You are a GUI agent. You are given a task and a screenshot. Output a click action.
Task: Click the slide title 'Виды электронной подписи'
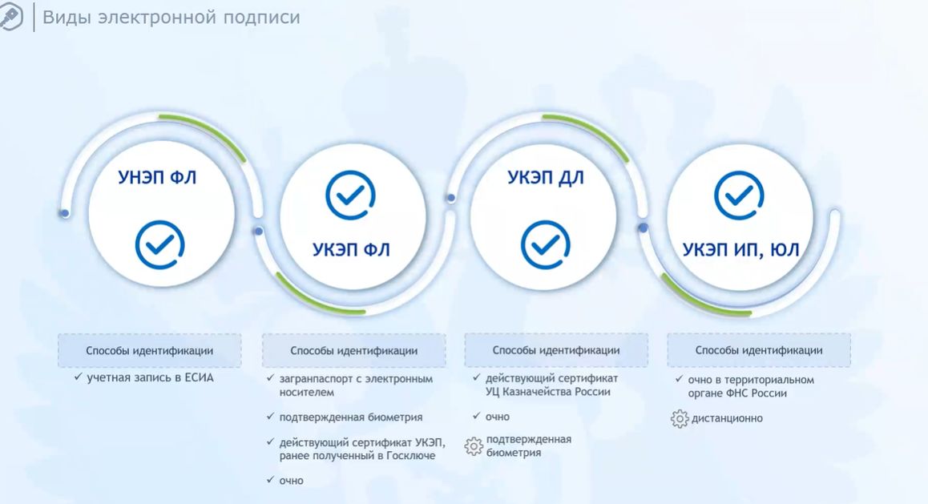[171, 17]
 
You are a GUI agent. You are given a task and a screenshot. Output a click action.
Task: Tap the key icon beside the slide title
[10, 17]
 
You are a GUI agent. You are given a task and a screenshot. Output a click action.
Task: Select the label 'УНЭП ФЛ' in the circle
[157, 177]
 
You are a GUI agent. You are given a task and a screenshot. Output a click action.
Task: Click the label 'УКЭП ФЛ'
[351, 250]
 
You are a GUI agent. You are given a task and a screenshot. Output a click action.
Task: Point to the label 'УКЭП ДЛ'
[545, 177]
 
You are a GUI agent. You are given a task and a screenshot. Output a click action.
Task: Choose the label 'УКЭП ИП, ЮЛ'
[741, 250]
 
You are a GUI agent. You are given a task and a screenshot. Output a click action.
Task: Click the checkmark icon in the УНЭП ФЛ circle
[159, 245]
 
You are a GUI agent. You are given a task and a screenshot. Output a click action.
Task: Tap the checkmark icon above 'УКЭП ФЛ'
[350, 196]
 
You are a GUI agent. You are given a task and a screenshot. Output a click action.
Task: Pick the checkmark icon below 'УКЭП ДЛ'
[546, 245]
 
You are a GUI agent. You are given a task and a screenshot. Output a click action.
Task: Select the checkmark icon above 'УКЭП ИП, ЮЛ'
[739, 196]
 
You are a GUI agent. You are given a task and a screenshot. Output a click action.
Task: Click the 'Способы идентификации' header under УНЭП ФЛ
[150, 351]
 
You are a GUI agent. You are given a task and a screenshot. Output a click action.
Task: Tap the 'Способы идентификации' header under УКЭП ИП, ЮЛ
[759, 350]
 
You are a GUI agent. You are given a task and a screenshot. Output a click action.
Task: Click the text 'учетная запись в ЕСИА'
[151, 377]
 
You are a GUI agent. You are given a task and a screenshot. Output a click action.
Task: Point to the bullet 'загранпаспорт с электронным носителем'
[356, 385]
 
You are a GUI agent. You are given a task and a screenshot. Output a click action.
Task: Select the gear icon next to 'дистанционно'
[680, 418]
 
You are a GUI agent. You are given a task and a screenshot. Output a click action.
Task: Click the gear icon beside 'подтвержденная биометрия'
[474, 446]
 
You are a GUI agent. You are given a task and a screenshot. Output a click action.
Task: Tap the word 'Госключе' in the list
[411, 455]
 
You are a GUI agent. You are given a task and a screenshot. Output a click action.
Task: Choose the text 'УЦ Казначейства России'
[548, 392]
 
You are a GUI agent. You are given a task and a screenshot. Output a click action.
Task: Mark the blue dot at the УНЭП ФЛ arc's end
[64, 213]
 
